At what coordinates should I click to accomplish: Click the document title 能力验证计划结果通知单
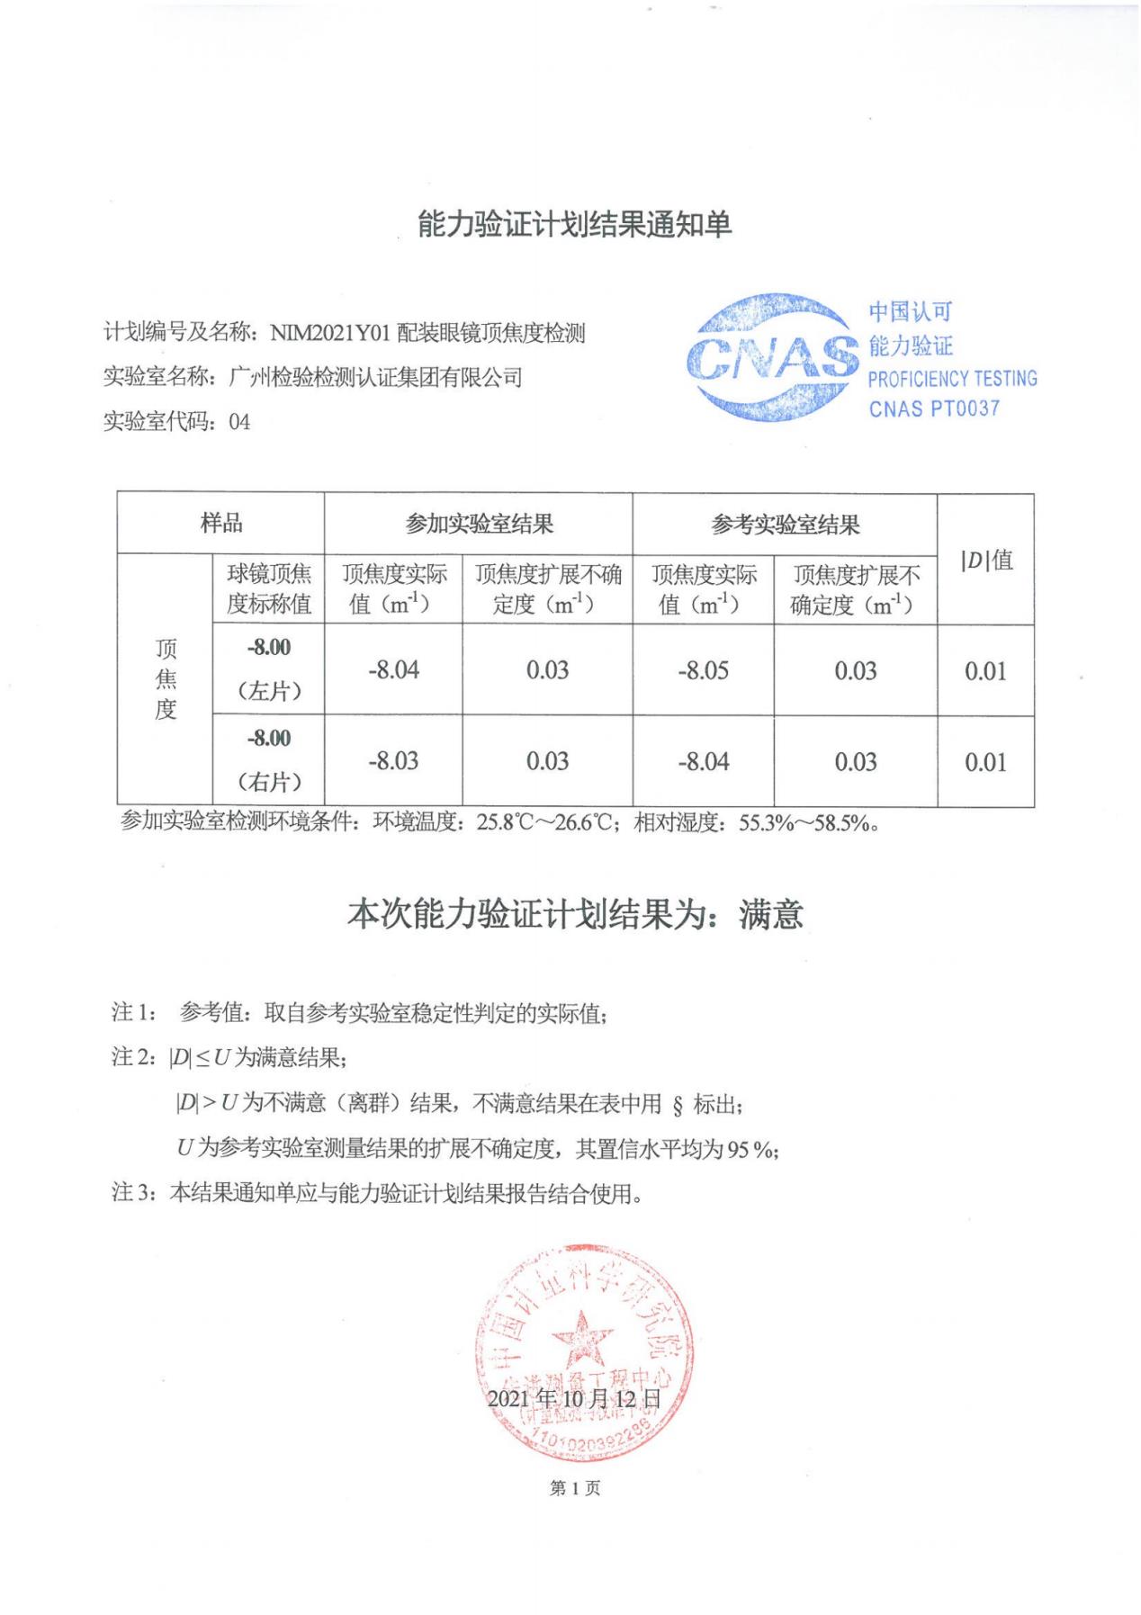click(574, 224)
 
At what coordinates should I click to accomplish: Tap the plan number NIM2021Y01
click(329, 334)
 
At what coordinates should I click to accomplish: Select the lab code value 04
click(239, 422)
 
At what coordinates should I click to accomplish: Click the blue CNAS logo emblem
click(772, 357)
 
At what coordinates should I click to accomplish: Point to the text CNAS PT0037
click(934, 408)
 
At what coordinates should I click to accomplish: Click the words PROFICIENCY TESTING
click(952, 379)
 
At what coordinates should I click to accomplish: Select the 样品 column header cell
click(220, 523)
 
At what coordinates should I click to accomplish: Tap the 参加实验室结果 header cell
click(478, 524)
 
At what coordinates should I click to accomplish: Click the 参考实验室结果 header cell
click(785, 525)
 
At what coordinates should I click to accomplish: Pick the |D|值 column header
click(986, 560)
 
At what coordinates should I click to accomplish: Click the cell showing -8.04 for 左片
click(393, 670)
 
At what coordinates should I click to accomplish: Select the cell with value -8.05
click(703, 671)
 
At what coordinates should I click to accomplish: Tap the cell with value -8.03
click(393, 761)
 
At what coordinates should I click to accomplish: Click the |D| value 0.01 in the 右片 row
click(985, 763)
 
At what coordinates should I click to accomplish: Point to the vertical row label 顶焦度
click(166, 679)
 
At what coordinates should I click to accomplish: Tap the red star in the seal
click(581, 1337)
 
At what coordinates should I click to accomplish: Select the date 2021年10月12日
click(574, 1399)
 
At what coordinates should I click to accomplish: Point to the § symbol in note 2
click(677, 1106)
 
